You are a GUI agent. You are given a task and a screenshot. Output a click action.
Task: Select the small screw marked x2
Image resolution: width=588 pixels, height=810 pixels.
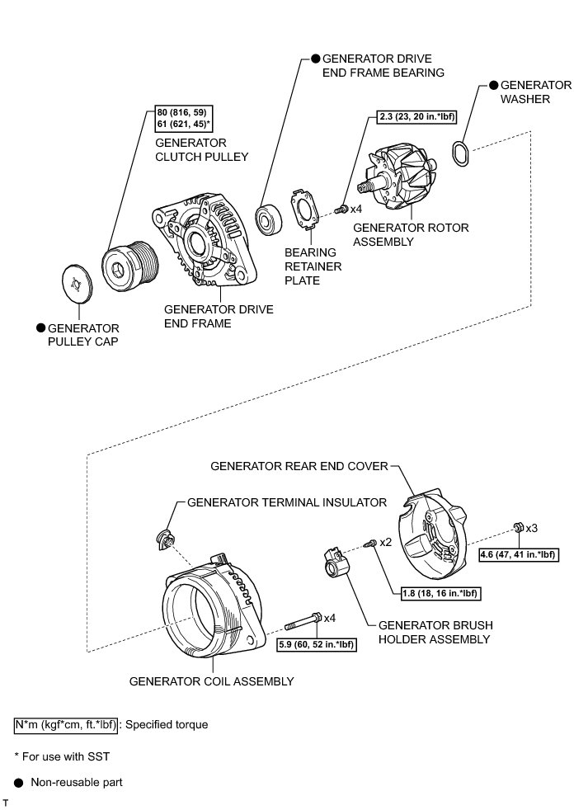pyautogui.click(x=373, y=543)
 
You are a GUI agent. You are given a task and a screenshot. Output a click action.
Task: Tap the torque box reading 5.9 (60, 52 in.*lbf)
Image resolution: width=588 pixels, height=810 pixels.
pyautogui.click(x=317, y=645)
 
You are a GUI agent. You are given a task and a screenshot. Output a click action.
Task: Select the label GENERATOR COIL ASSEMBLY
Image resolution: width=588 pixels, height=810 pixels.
pyautogui.click(x=211, y=682)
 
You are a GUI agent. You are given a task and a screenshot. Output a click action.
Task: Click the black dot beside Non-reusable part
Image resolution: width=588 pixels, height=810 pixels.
pyautogui.click(x=17, y=782)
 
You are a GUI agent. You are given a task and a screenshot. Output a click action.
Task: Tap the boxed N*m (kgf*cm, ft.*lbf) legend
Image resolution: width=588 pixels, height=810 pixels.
pyautogui.click(x=67, y=725)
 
